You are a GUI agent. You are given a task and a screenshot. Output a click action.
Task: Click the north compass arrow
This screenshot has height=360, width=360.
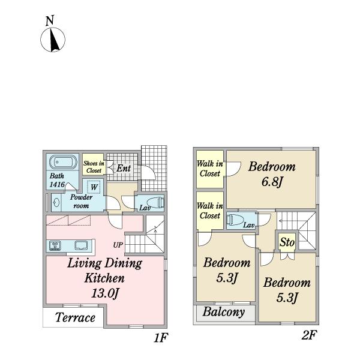pyautogui.click(x=55, y=40)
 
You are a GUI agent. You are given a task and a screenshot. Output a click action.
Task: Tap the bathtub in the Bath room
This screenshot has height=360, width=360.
pyautogui.click(x=63, y=163)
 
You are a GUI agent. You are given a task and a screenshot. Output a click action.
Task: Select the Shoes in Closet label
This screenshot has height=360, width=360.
pyautogui.click(x=94, y=167)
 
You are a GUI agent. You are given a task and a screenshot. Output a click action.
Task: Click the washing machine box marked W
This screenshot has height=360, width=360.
pyautogui.click(x=94, y=187)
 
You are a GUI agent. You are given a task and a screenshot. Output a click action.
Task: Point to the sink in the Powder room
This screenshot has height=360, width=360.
pyautogui.click(x=56, y=203)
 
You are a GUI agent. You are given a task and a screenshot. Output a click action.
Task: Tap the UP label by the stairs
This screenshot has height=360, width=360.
pyautogui.click(x=118, y=245)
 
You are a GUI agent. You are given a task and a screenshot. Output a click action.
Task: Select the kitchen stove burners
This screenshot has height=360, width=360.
pyautogui.click(x=55, y=245)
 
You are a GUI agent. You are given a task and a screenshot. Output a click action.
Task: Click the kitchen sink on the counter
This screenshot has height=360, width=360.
pyautogui.click(x=81, y=245)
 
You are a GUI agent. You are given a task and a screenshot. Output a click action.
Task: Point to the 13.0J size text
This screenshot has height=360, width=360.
pyautogui.click(x=106, y=293)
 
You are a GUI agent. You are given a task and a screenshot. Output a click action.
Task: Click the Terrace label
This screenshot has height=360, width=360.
pyautogui.click(x=76, y=318)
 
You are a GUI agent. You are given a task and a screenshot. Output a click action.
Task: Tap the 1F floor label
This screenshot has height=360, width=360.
pyautogui.click(x=161, y=337)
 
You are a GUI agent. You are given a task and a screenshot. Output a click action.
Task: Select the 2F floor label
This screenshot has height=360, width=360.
pyautogui.click(x=309, y=335)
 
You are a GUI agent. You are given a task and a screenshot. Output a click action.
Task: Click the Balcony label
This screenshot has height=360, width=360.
pyautogui.click(x=224, y=312)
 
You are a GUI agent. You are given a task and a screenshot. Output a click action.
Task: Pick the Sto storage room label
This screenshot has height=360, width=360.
pyautogui.click(x=287, y=242)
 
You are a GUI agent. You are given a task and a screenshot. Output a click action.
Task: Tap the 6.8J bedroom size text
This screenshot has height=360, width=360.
pyautogui.click(x=272, y=182)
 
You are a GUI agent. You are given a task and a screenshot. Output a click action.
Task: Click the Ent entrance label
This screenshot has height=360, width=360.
pyautogui.click(x=124, y=168)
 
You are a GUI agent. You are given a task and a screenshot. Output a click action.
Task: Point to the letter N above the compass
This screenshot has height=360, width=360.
pyautogui.click(x=50, y=20)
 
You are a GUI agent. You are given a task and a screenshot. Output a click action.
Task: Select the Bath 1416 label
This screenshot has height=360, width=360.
pyautogui.click(x=57, y=180)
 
